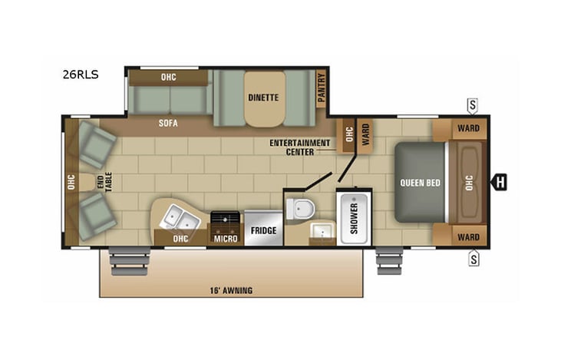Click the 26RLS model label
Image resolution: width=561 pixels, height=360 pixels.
pyautogui.click(x=81, y=75)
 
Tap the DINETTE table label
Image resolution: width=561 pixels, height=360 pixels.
pyautogui.click(x=262, y=97)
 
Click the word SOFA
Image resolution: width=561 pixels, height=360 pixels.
pyautogui.click(x=168, y=121)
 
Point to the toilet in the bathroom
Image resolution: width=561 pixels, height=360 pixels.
pyautogui.click(x=300, y=207)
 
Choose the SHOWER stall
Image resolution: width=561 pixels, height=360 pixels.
pyautogui.click(x=354, y=217)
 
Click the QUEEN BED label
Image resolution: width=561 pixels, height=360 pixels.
pyautogui.click(x=420, y=183)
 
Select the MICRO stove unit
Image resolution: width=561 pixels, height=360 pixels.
pyautogui.click(x=226, y=227)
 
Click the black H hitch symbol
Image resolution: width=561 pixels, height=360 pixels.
pyautogui.click(x=500, y=182)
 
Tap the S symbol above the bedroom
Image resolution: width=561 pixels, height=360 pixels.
pyautogui.click(x=474, y=105)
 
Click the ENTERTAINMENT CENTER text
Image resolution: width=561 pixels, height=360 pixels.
pyautogui.click(x=299, y=147)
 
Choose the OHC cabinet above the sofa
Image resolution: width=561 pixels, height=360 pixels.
pyautogui.click(x=168, y=77)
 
